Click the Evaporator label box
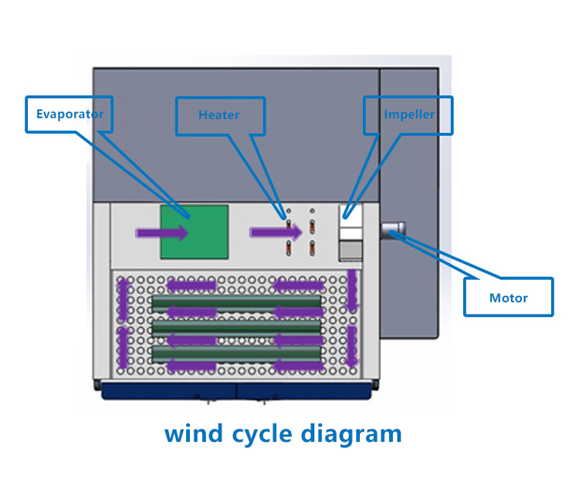69,114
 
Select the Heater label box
220,115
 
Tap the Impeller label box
408,114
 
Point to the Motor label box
508,297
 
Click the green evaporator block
195,232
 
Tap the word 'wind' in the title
194,433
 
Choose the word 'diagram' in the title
355,433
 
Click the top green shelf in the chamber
236,301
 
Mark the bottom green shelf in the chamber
236,353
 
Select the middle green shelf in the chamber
236,328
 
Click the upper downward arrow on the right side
353,292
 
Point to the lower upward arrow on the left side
122,348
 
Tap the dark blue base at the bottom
235,390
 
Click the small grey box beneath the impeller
351,250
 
